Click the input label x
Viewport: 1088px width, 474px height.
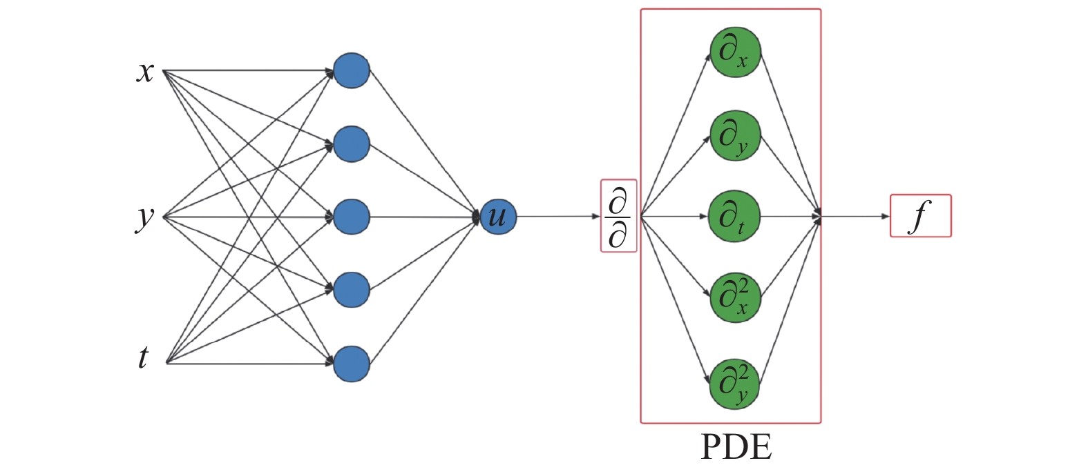tap(145, 71)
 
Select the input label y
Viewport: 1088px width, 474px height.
tap(144, 217)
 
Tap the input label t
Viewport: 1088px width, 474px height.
tap(143, 357)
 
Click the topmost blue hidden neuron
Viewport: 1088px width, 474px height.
tap(352, 70)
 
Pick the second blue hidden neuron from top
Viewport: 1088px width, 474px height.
tap(352, 144)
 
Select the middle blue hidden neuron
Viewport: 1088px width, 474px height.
tap(352, 217)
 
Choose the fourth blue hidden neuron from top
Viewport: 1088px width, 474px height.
tap(352, 290)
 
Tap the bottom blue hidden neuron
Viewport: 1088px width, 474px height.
tap(352, 364)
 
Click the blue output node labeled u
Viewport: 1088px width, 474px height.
tap(497, 217)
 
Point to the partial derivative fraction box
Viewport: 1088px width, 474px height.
tap(618, 216)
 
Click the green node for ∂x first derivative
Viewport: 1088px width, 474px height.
tap(735, 52)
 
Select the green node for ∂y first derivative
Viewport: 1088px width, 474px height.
tap(735, 135)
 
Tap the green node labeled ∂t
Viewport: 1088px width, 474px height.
tap(734, 217)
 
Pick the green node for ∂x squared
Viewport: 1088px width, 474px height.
tap(735, 297)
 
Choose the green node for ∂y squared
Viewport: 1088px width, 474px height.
tap(735, 384)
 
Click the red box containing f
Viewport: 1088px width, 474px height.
tap(920, 216)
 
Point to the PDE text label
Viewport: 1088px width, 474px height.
tap(736, 447)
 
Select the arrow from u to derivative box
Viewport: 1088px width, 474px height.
tap(558, 217)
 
